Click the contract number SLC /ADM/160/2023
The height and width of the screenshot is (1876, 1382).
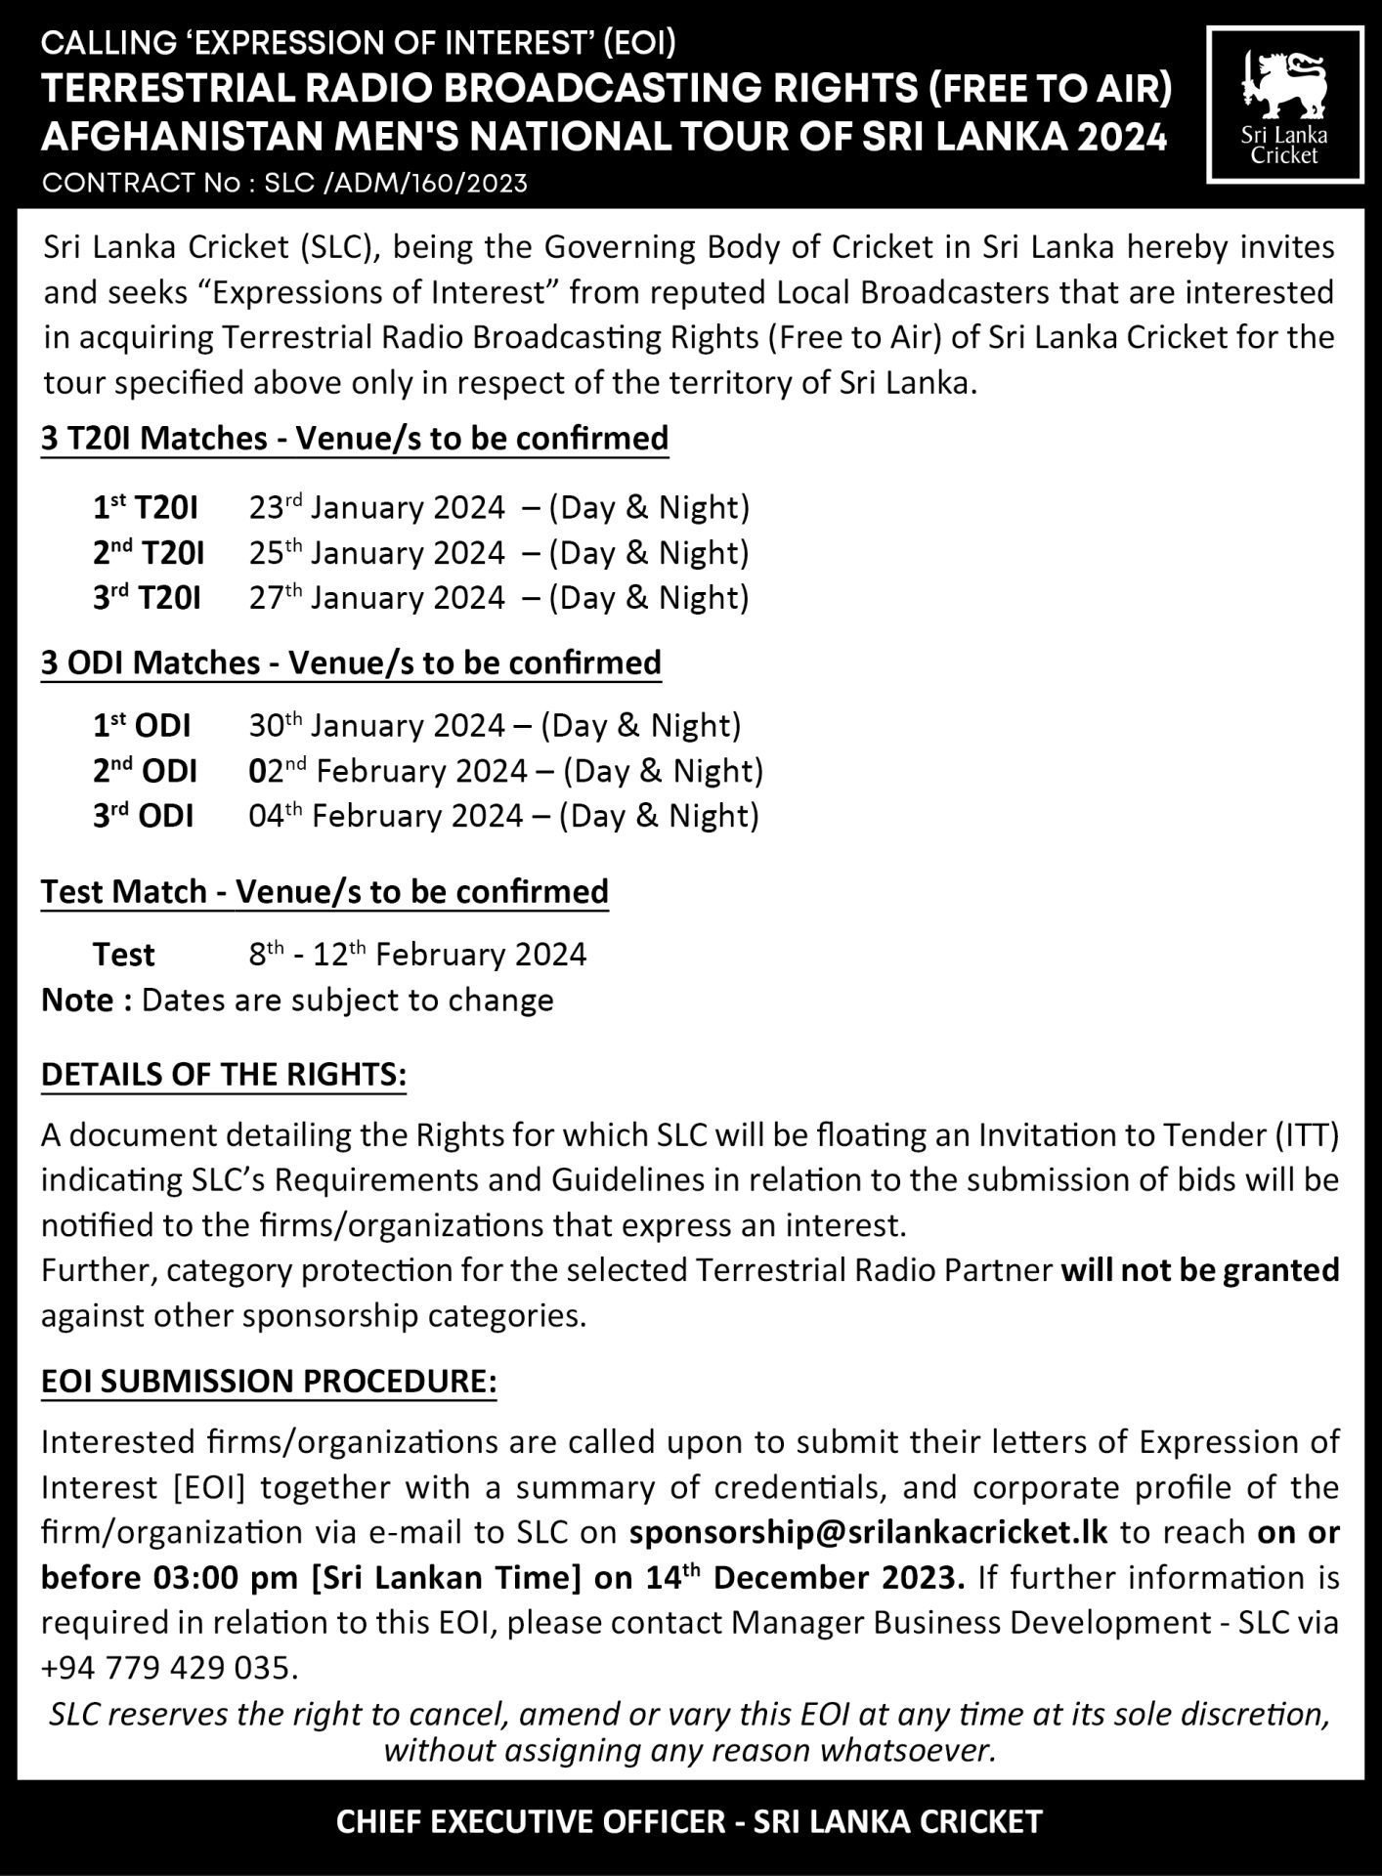[x=396, y=183]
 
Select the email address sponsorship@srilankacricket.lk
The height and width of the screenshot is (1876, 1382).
[x=869, y=1531]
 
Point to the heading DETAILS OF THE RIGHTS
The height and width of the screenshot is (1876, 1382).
[x=224, y=1074]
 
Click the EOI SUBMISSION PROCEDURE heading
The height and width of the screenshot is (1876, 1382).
[x=269, y=1381]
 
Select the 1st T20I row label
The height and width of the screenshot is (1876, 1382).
[x=146, y=507]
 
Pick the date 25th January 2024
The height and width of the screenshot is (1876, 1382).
[x=376, y=553]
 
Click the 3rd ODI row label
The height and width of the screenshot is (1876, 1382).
[x=143, y=816]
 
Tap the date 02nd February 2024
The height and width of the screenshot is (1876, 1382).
[x=387, y=771]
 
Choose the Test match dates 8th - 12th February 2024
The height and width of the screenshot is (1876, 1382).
[x=417, y=954]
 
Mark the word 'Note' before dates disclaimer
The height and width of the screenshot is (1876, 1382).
[x=78, y=1000]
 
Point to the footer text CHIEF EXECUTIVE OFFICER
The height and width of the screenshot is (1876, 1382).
[x=531, y=1821]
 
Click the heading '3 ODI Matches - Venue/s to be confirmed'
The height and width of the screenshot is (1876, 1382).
[x=351, y=662]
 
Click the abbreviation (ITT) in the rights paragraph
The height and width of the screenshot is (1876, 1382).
[x=1306, y=1134]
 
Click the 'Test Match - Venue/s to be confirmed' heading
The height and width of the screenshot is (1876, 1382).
[x=324, y=891]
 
